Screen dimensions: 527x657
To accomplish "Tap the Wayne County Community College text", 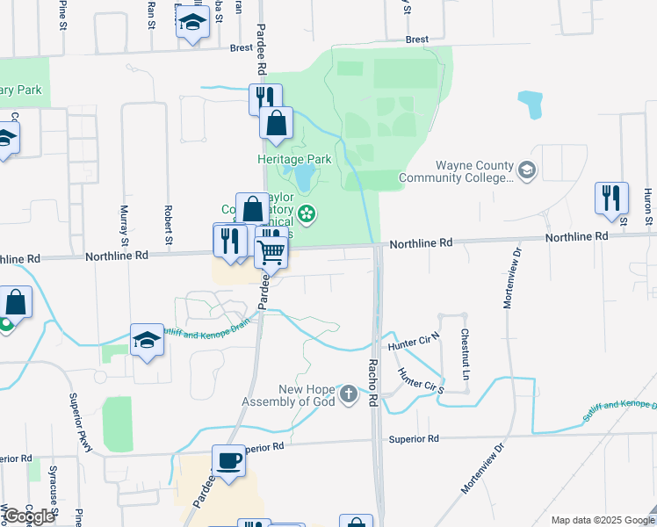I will click(456, 172).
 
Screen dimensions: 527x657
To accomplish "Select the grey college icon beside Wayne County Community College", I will click(527, 170).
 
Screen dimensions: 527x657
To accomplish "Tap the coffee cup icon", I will click(229, 461).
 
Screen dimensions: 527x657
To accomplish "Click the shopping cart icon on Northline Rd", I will click(272, 252).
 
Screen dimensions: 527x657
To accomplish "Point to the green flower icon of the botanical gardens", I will click(307, 213).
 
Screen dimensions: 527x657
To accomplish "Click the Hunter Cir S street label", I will click(421, 379).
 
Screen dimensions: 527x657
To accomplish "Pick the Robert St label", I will click(167, 224).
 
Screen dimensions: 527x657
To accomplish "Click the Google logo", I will click(30, 516).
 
